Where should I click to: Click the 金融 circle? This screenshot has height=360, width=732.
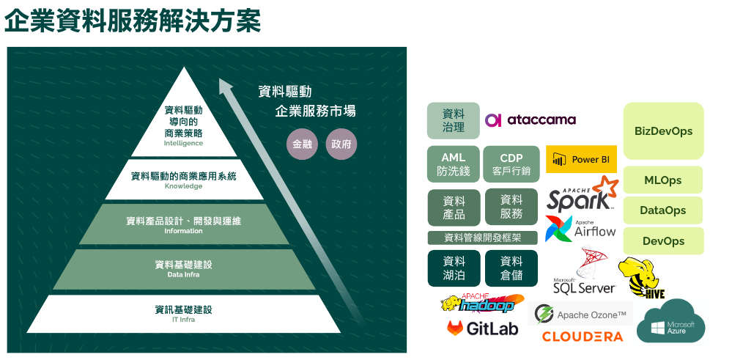[302, 144]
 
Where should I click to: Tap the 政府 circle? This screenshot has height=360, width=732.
[341, 144]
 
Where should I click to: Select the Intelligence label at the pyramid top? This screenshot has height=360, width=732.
[183, 144]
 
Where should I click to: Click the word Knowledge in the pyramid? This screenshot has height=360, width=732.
[183, 186]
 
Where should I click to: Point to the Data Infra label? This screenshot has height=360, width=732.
[183, 275]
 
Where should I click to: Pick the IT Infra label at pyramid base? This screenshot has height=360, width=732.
[183, 320]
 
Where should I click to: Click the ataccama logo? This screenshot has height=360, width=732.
[530, 120]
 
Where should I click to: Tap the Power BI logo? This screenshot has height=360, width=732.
[581, 159]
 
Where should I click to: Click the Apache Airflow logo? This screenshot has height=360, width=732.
[580, 228]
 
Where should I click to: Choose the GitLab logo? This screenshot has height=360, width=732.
[482, 328]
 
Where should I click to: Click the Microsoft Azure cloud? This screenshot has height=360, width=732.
[670, 323]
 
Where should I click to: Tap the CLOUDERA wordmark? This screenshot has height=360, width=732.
[583, 337]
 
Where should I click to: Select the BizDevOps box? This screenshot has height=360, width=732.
[663, 131]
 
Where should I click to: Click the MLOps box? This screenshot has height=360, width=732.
[663, 180]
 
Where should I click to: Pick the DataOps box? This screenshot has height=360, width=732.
[663, 210]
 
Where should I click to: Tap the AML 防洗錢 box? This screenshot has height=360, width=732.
[454, 164]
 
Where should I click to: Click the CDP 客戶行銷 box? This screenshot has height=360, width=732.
[511, 164]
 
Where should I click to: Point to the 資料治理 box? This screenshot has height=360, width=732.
[454, 120]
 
